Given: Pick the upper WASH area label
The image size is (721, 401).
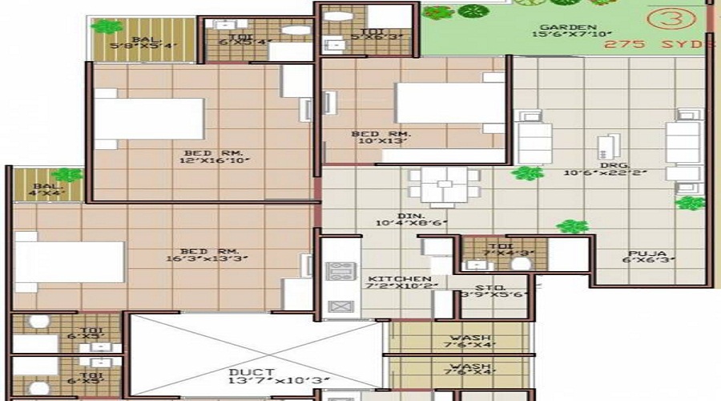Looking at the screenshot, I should click(460, 338).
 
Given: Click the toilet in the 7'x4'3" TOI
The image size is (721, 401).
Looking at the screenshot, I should click(521, 264).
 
